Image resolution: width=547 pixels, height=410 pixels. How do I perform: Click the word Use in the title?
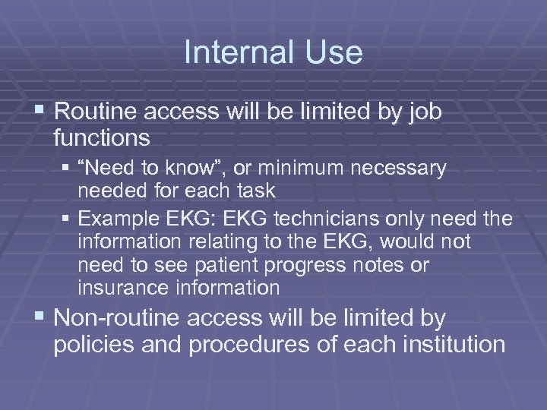[x=335, y=53]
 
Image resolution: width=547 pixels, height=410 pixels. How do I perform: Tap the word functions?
[x=102, y=138]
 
